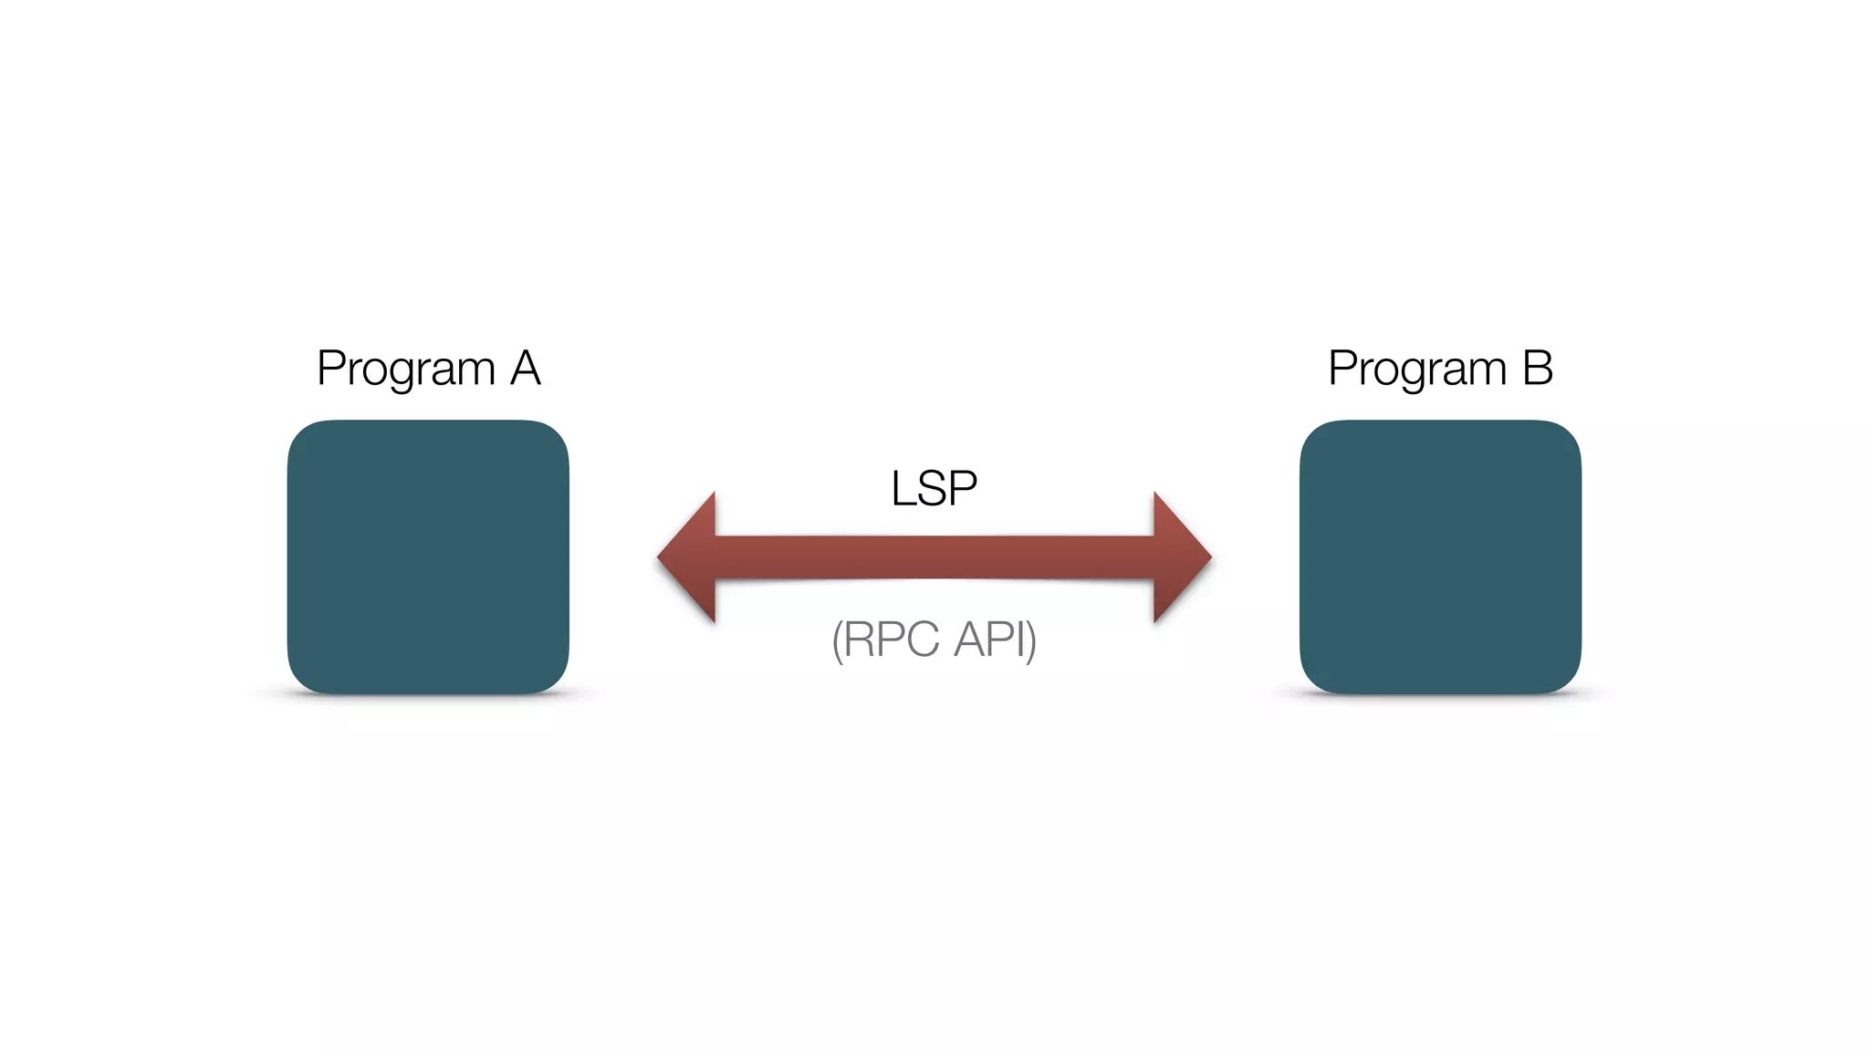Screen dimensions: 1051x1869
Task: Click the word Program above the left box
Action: tap(405, 369)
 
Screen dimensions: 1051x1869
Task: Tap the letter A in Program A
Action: tap(525, 369)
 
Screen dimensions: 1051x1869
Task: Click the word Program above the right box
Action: tap(1416, 369)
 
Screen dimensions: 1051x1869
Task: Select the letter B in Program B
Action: tap(1538, 369)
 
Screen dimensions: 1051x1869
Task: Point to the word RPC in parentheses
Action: tap(891, 639)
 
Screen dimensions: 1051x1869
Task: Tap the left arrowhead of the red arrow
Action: tap(690, 557)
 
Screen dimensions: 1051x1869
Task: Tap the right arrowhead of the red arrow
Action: tap(1179, 557)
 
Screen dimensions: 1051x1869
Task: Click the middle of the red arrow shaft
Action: tap(934, 557)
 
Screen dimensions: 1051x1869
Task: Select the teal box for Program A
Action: tap(428, 557)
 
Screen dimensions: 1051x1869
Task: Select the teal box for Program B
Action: tap(1440, 557)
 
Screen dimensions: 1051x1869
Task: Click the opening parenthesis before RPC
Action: tap(837, 640)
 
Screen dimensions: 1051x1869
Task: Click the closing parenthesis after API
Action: tap(1032, 640)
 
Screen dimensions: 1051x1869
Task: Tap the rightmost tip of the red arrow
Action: tap(1209, 557)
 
